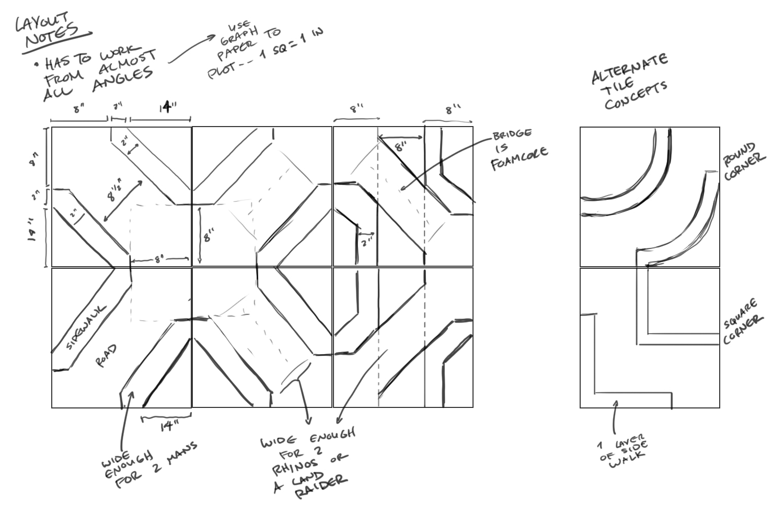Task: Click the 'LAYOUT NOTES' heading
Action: point(50,30)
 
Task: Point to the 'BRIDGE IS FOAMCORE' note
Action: point(518,149)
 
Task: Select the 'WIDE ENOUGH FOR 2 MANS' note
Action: point(149,465)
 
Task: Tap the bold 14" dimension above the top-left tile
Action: point(167,108)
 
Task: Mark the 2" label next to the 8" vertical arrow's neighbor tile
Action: point(367,242)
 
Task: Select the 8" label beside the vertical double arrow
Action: point(207,237)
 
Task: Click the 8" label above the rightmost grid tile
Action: point(453,110)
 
